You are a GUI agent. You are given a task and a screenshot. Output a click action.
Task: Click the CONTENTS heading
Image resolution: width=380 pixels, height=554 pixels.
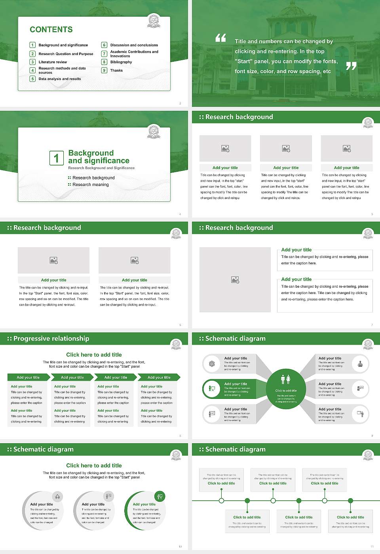point(51,30)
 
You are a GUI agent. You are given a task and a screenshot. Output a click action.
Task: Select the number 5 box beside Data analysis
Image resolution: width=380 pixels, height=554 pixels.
point(32,79)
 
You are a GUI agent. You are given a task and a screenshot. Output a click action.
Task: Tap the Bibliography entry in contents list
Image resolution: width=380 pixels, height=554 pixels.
point(121,62)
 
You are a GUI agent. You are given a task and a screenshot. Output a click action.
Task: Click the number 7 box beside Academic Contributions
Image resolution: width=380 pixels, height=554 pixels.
point(104,53)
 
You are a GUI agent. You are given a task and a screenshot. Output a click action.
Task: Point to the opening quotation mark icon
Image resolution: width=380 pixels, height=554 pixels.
point(220,38)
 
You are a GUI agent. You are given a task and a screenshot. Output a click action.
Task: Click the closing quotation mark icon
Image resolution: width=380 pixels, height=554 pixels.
point(351,66)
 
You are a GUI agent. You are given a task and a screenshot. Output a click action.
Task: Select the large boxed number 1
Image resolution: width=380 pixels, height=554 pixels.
point(56,158)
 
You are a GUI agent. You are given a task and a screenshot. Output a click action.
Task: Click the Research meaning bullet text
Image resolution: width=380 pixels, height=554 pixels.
point(90,185)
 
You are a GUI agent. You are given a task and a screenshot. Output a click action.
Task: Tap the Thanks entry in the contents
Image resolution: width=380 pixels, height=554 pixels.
point(116,70)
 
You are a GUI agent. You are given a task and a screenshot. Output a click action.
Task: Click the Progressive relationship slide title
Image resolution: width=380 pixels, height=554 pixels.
point(51,339)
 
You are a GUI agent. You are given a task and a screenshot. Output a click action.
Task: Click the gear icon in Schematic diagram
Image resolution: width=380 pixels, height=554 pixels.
point(212,364)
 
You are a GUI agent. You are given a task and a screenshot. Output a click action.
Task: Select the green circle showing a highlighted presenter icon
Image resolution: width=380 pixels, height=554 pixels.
point(212,389)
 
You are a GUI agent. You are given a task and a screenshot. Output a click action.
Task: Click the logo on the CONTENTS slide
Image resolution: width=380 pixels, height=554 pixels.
point(154,21)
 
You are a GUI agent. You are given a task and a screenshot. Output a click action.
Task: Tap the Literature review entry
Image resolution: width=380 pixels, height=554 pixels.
point(53,62)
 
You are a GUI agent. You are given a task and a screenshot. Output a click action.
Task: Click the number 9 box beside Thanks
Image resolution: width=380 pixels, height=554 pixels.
point(104,70)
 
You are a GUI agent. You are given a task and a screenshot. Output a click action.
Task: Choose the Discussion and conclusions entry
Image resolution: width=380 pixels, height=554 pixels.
point(134,45)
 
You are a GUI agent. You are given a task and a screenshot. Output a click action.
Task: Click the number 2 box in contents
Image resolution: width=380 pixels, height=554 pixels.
point(32,54)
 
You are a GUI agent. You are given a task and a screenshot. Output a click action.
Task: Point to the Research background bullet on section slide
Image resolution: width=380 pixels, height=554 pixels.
point(93,178)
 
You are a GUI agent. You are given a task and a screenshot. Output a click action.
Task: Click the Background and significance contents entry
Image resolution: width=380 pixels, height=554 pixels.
point(63,45)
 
